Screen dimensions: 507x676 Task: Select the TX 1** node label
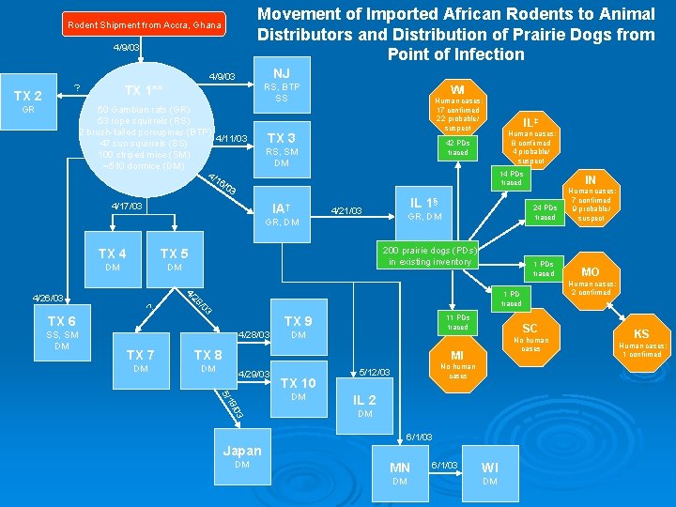144,91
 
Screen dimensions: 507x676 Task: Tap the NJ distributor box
281,84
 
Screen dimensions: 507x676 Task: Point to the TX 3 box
281,145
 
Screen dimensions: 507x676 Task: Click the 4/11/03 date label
231,139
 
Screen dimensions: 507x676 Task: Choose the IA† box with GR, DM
281,213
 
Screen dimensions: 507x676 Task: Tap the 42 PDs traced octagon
457,147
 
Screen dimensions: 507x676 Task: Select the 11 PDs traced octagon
457,322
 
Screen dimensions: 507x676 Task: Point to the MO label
590,271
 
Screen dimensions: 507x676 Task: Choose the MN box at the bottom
399,474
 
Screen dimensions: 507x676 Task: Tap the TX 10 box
299,389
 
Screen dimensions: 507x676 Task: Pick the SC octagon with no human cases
530,336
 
